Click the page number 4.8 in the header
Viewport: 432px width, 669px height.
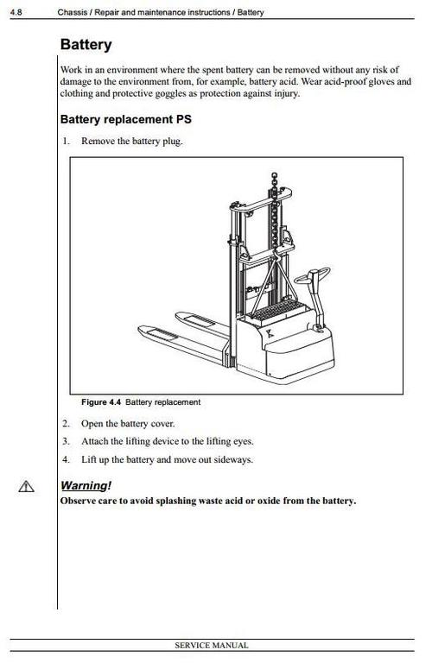(x=16, y=13)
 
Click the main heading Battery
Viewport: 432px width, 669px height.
(x=86, y=45)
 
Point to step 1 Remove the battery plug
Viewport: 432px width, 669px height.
(x=131, y=141)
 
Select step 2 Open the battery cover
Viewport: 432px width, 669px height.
(x=127, y=424)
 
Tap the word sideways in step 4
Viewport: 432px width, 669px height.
(x=235, y=459)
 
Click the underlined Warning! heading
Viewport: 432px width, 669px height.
(x=86, y=485)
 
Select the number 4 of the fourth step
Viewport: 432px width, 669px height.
(x=65, y=459)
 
